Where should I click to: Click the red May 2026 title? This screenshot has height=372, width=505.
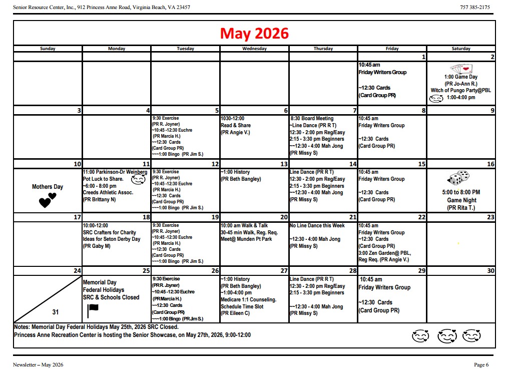[x=254, y=33]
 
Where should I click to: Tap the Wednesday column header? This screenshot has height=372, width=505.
[x=254, y=49]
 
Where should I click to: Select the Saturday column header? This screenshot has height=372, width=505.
[x=461, y=49]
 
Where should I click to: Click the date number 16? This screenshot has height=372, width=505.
[x=490, y=164]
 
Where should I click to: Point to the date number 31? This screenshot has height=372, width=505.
[x=55, y=312]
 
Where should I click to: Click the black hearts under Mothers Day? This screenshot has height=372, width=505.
[x=48, y=200]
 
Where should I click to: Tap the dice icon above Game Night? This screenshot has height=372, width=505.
[x=458, y=178]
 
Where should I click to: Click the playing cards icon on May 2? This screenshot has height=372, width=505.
[x=460, y=69]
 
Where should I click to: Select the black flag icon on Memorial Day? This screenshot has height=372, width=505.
[x=93, y=311]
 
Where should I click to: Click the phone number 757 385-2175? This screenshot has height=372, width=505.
[x=474, y=8]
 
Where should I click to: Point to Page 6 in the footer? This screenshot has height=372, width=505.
[x=481, y=364]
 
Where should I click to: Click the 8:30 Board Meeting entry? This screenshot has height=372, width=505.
[x=312, y=119]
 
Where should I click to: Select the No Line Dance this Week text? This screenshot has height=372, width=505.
[x=317, y=225]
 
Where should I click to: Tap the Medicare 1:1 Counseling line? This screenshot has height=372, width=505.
[x=248, y=300]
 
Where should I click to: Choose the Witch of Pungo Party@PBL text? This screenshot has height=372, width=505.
[x=460, y=91]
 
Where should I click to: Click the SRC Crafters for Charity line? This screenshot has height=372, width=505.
[x=109, y=232]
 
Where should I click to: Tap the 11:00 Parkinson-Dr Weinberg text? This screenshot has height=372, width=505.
[x=115, y=172]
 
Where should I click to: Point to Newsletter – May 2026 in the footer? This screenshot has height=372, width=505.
[x=38, y=364]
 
